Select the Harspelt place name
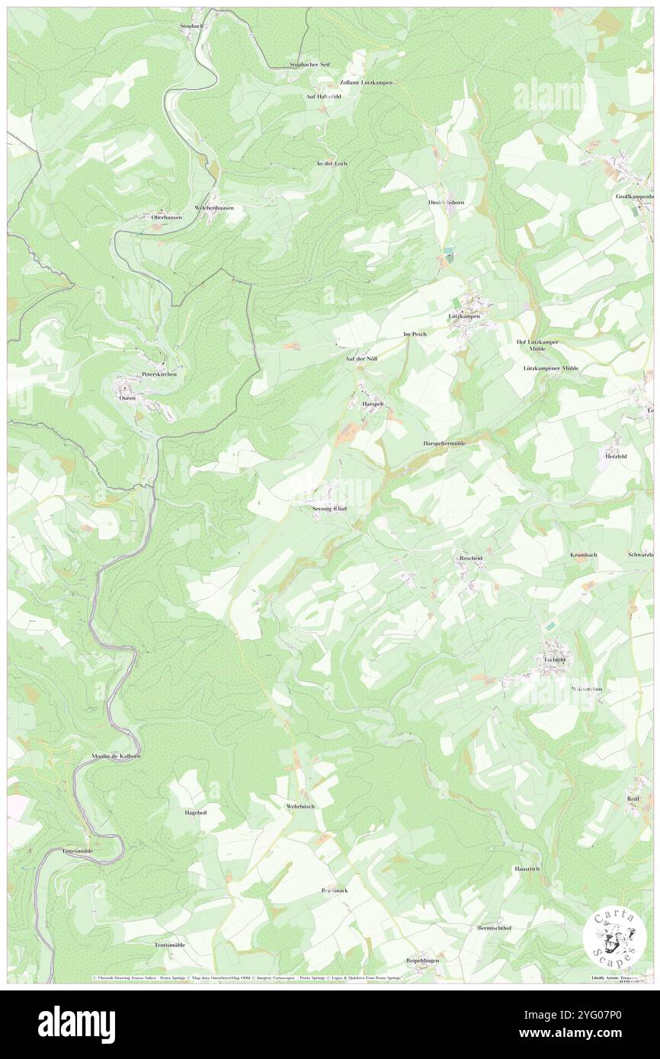(373, 403)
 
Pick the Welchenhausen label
(214, 207)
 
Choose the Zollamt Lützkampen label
(356, 82)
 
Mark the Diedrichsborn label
(446, 202)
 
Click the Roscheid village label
(471, 558)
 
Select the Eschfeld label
(554, 660)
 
